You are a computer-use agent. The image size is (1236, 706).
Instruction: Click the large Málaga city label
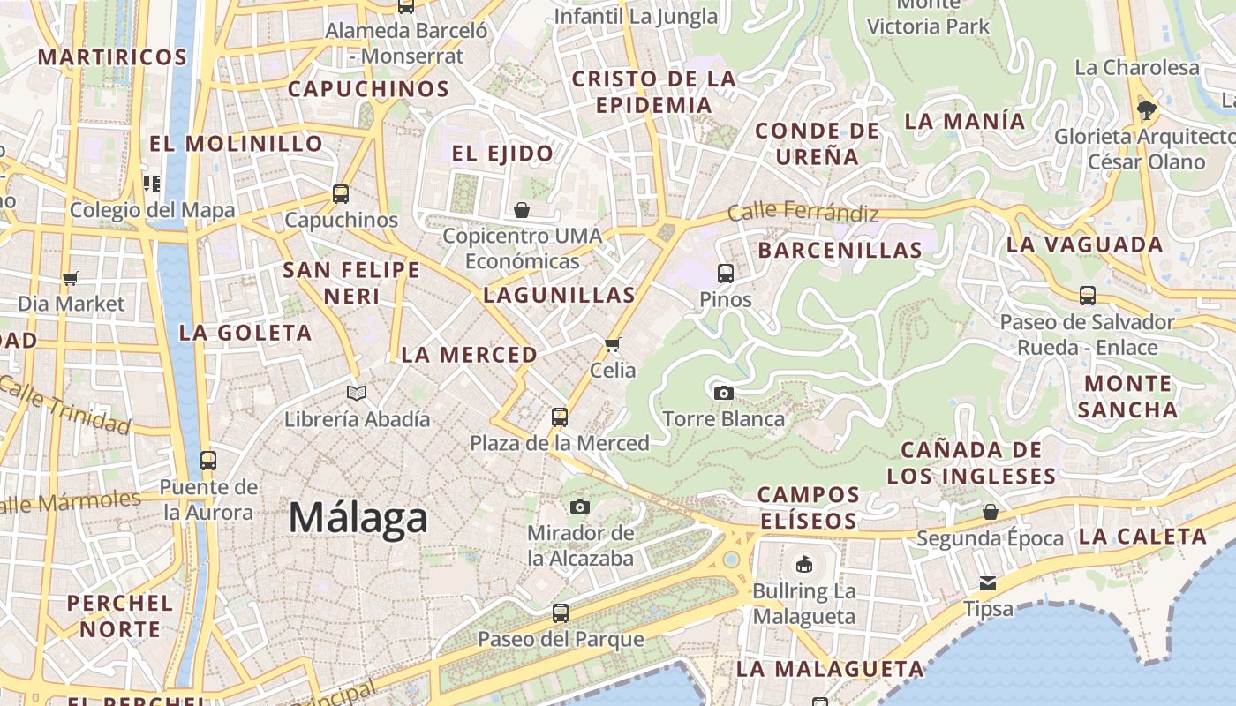click(358, 518)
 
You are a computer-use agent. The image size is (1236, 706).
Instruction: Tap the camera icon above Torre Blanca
click(724, 393)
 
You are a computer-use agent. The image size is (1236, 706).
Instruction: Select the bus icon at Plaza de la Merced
click(559, 417)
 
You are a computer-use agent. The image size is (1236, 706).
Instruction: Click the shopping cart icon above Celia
click(613, 344)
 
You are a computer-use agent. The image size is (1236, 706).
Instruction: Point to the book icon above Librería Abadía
click(357, 393)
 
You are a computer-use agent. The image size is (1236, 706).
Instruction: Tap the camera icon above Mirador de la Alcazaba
click(579, 507)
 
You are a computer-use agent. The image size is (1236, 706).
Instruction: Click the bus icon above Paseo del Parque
click(560, 612)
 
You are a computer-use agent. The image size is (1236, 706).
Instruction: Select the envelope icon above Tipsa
click(987, 583)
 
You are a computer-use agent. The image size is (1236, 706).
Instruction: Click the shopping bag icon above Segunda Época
click(991, 512)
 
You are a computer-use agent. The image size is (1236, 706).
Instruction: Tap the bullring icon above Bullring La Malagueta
click(803, 564)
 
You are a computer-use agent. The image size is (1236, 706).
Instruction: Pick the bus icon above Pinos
click(726, 274)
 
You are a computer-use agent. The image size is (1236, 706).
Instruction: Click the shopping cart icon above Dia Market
click(71, 278)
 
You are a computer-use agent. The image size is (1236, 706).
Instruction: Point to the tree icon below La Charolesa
click(1146, 110)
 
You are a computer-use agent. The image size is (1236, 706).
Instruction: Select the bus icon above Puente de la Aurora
click(208, 460)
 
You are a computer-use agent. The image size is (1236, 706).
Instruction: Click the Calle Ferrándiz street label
click(803, 213)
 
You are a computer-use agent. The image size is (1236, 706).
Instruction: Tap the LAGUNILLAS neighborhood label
click(559, 296)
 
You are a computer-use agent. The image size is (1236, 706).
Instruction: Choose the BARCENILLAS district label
click(840, 251)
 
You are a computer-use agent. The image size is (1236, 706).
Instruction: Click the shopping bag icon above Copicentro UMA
click(522, 210)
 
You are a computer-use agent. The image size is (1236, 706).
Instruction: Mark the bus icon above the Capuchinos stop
click(341, 194)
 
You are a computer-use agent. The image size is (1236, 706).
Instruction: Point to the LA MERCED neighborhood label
click(469, 355)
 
